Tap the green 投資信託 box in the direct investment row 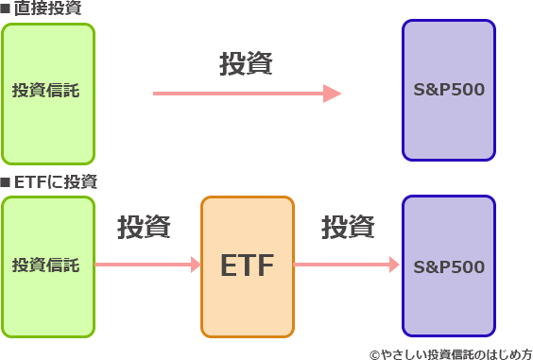(47, 92)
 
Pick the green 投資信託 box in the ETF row (47, 266)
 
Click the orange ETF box (247, 266)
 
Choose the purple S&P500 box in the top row (449, 92)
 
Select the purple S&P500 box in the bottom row (449, 266)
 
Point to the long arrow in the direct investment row (241, 93)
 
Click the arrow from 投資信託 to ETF (146, 266)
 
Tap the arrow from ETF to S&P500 (345, 266)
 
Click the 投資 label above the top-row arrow (246, 63)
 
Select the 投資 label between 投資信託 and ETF (144, 227)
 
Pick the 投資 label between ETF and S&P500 (348, 227)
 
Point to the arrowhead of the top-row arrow (333, 93)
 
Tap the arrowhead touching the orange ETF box (196, 266)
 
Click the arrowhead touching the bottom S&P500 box (395, 266)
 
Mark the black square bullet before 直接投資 (6, 9)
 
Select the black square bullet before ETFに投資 (6, 180)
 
